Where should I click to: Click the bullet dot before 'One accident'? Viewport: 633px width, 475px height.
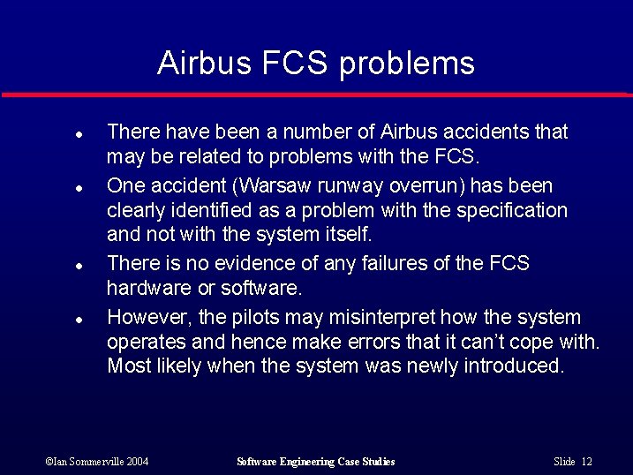79,188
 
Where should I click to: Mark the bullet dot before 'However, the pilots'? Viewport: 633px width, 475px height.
79,320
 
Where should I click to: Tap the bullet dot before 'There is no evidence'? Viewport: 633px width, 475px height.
79,266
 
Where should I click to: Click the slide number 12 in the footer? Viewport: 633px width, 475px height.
587,462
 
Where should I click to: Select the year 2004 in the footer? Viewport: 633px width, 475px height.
137,462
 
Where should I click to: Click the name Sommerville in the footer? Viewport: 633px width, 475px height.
95,462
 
